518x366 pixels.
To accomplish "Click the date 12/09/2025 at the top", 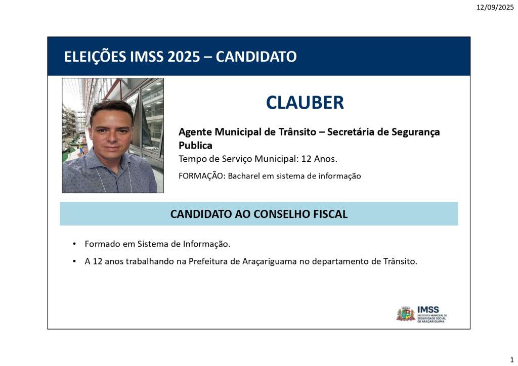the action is [495, 7].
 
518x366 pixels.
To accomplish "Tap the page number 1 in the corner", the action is [512, 360].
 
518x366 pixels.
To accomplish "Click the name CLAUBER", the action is [305, 103].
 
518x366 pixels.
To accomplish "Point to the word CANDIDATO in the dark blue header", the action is [256, 57].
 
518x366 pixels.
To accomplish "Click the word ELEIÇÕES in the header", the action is [95, 57].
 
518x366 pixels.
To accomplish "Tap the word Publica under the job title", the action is [195, 145].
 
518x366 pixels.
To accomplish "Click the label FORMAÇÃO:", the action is [202, 175].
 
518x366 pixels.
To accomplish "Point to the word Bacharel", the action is [244, 176].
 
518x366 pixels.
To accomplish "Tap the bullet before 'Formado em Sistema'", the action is [74, 244].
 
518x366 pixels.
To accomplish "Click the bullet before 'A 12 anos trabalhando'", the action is [74, 261].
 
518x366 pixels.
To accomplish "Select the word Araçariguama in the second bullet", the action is [270, 261].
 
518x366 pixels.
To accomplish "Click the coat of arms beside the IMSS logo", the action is [406, 314].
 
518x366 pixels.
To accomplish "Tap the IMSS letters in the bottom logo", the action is [428, 309].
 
